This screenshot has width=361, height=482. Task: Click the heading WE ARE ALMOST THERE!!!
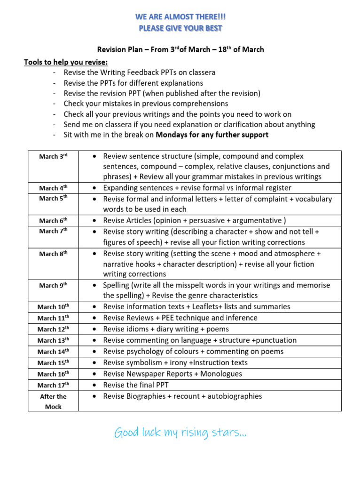(180, 17)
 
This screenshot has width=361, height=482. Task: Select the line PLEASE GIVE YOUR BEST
(180, 28)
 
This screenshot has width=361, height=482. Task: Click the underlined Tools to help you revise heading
(66, 62)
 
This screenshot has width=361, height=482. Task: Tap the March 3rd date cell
(53, 156)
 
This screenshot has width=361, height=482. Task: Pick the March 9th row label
(53, 285)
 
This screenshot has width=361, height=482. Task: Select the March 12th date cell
(53, 329)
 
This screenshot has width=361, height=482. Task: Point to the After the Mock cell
(53, 402)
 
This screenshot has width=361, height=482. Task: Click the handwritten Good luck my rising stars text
(180, 433)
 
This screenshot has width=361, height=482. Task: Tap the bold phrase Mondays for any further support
(212, 135)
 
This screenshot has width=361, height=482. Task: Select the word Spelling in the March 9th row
(118, 285)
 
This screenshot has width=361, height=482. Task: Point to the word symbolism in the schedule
(147, 363)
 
